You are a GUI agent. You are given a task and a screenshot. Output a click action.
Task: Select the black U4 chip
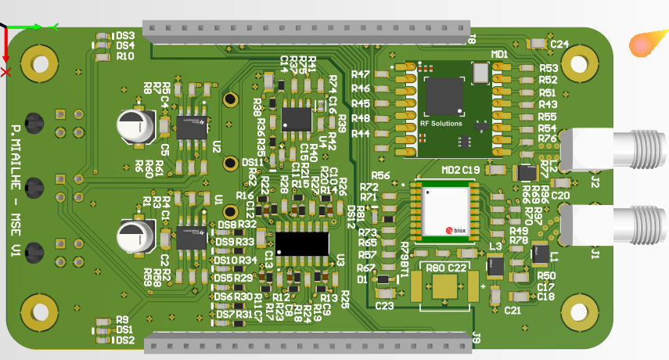tap(297, 118)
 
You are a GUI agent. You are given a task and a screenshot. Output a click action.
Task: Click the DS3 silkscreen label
tap(125, 35)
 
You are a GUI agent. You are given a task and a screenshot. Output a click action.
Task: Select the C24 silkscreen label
tap(559, 45)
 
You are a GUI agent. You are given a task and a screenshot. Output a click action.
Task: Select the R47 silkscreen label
tap(361, 74)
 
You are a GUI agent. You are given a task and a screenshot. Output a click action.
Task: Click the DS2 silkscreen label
tap(125, 340)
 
